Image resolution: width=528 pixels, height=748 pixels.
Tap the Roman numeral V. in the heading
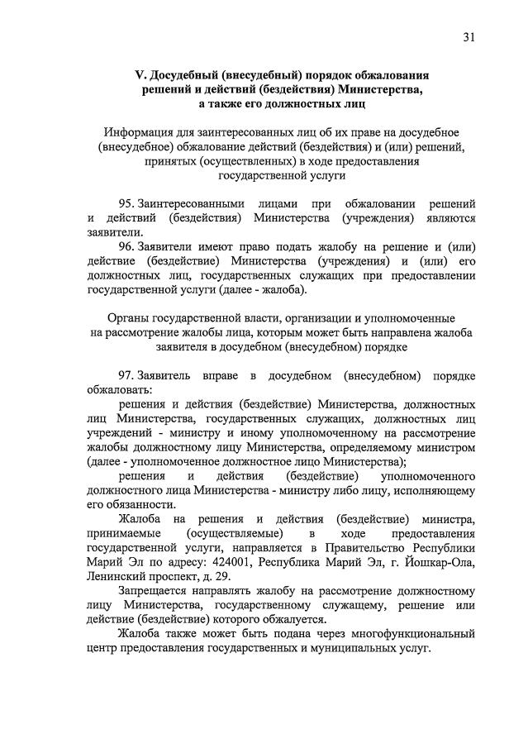click(x=141, y=75)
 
